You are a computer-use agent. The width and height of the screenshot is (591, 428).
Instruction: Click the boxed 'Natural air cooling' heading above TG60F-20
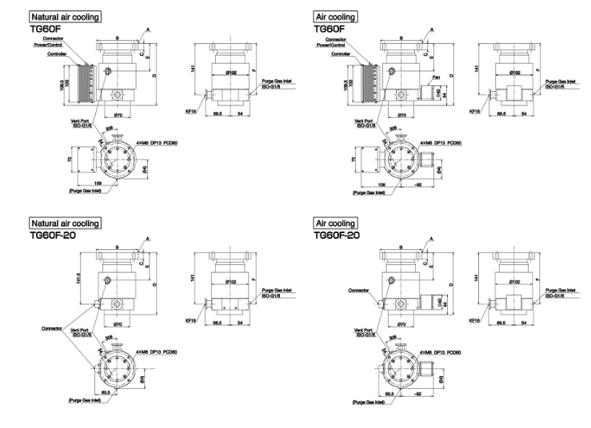pyautogui.click(x=66, y=224)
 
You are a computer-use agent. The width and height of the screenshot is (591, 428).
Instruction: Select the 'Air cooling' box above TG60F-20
pyautogui.click(x=335, y=224)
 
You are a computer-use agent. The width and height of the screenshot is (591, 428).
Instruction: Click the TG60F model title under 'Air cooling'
pyautogui.click(x=329, y=28)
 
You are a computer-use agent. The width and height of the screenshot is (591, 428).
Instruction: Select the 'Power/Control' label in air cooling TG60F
pyautogui.click(x=336, y=45)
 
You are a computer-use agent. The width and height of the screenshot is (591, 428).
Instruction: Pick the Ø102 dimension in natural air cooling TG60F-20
pyautogui.click(x=232, y=281)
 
